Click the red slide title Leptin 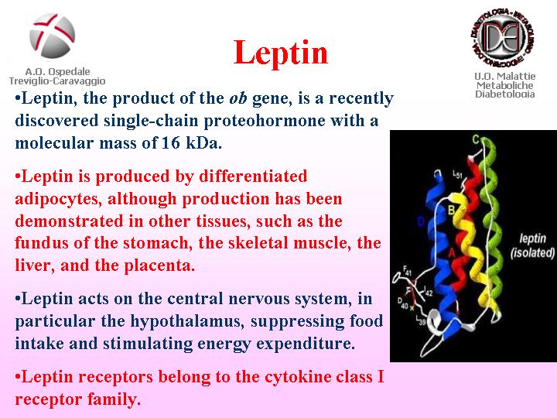click(281, 53)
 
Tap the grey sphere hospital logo click(53, 36)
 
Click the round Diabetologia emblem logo click(504, 37)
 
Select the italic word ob click(238, 98)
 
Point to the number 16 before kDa click(171, 142)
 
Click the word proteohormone click(265, 122)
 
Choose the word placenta click(160, 266)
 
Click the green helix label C click(476, 139)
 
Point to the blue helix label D click(421, 222)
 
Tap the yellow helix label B click(451, 210)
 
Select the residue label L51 click(457, 174)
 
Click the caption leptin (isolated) click(532, 245)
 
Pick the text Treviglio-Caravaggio click(57, 81)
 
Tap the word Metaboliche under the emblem click(504, 85)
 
